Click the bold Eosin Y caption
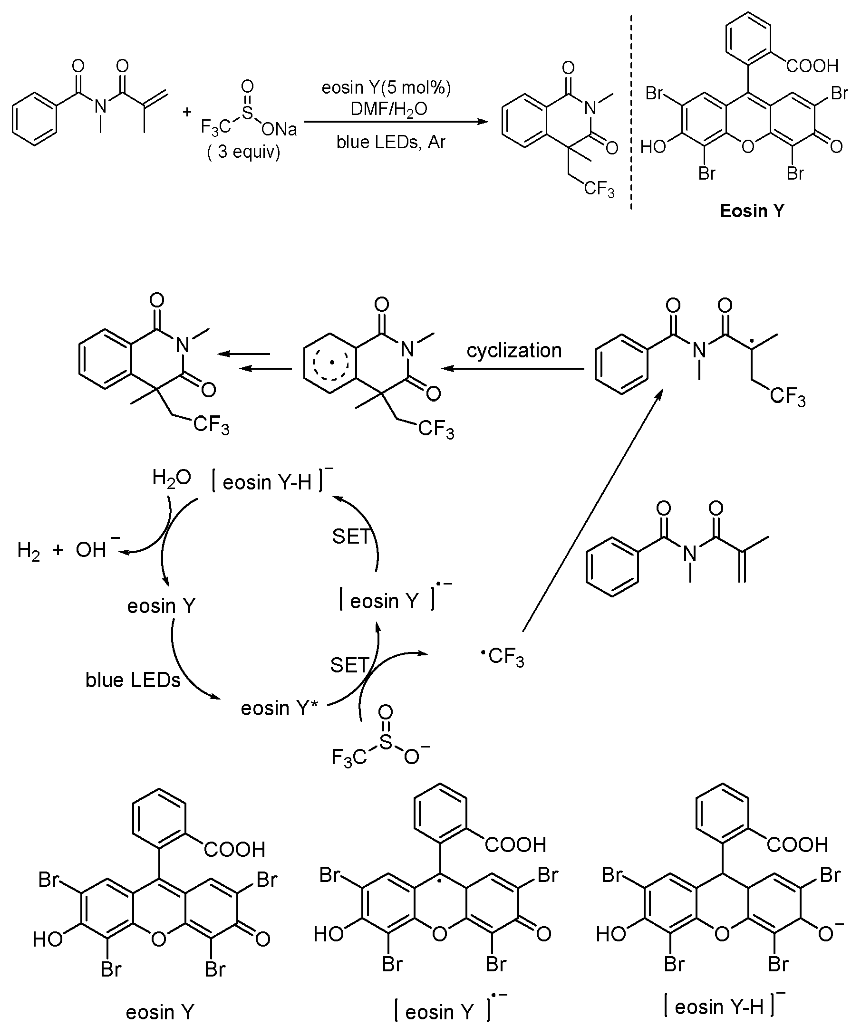click(x=752, y=211)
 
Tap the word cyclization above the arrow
click(x=514, y=350)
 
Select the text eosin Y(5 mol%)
click(x=386, y=88)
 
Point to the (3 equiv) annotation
click(x=243, y=151)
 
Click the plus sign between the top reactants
click(x=187, y=112)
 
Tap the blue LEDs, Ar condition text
click(x=391, y=142)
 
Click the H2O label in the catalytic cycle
click(x=171, y=478)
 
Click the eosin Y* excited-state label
click(x=279, y=708)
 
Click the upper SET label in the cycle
click(x=351, y=536)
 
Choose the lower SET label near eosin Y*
click(x=349, y=665)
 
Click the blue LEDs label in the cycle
click(x=133, y=680)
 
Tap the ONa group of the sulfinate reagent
click(x=280, y=130)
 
